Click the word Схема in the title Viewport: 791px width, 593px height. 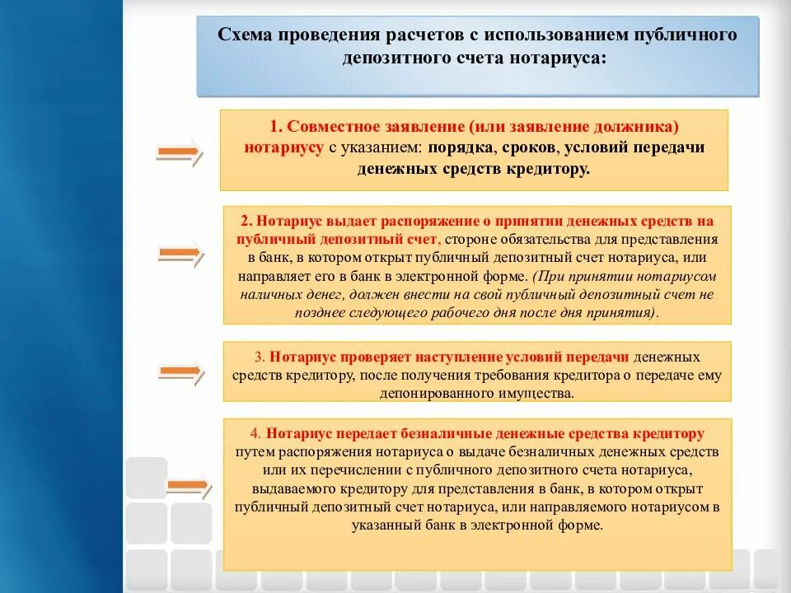[x=246, y=35]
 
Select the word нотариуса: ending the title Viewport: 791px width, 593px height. [x=564, y=58]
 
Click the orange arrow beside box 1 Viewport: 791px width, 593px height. [x=178, y=152]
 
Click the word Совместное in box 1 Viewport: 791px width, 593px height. [x=334, y=128]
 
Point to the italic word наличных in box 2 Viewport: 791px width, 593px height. [x=273, y=294]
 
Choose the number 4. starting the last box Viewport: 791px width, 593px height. [x=255, y=433]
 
